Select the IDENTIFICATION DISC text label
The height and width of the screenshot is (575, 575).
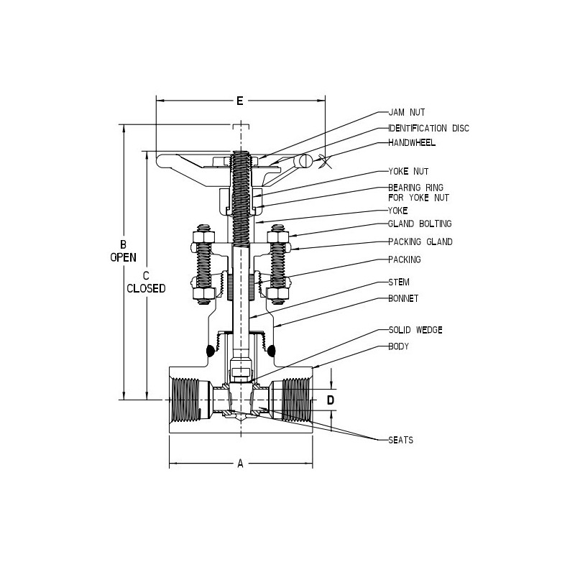(428, 128)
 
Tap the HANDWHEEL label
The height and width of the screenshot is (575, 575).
(412, 142)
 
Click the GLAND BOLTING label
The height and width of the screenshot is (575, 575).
(420, 224)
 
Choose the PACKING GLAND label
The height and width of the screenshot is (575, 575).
(420, 241)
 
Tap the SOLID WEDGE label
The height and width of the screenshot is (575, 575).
(415, 330)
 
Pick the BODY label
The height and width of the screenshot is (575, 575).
(398, 346)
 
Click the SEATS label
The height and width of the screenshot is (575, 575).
(400, 440)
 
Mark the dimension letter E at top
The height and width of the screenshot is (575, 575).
(239, 101)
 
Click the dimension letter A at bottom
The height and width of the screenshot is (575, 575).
(239, 464)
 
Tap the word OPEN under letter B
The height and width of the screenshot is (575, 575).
(123, 257)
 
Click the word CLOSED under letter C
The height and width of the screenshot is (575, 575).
(146, 288)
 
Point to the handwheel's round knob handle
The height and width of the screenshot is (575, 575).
(307, 161)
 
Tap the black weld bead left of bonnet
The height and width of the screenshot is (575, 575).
(211, 351)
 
